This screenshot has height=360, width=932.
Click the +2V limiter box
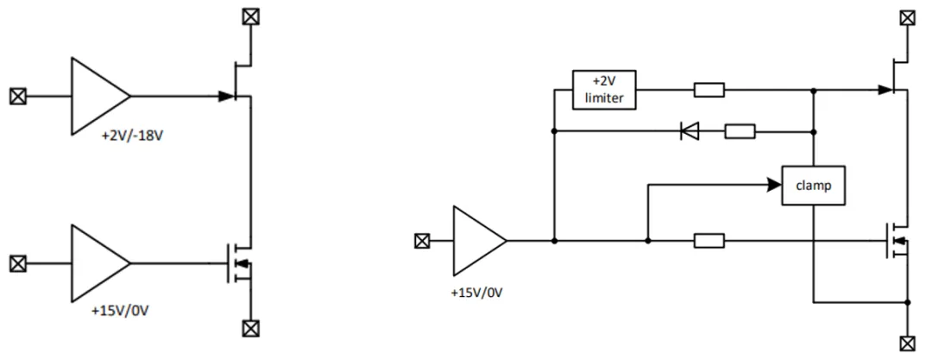click(x=604, y=90)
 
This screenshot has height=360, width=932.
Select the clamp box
click(x=813, y=186)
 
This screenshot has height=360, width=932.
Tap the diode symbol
click(x=690, y=131)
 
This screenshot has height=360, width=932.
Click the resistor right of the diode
click(x=740, y=131)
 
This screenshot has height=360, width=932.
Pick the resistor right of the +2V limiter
click(x=709, y=90)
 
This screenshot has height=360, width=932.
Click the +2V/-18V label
click(x=133, y=136)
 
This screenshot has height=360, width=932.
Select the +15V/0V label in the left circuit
click(x=119, y=311)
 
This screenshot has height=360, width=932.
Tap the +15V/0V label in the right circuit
click(x=476, y=293)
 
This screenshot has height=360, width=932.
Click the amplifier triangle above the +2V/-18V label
click(x=100, y=96)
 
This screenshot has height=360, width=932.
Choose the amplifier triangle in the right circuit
click(x=480, y=241)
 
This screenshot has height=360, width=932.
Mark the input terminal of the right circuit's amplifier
click(x=421, y=241)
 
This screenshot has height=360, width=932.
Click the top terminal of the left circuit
click(x=251, y=16)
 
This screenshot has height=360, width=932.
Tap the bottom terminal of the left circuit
click(x=251, y=328)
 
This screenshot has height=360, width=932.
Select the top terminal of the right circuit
click(x=907, y=17)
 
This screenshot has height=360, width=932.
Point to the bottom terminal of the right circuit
click(x=907, y=343)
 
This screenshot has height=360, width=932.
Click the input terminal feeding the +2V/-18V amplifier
click(x=18, y=96)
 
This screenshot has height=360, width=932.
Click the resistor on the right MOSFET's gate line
click(x=709, y=241)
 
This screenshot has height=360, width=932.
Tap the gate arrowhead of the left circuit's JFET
click(x=227, y=96)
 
